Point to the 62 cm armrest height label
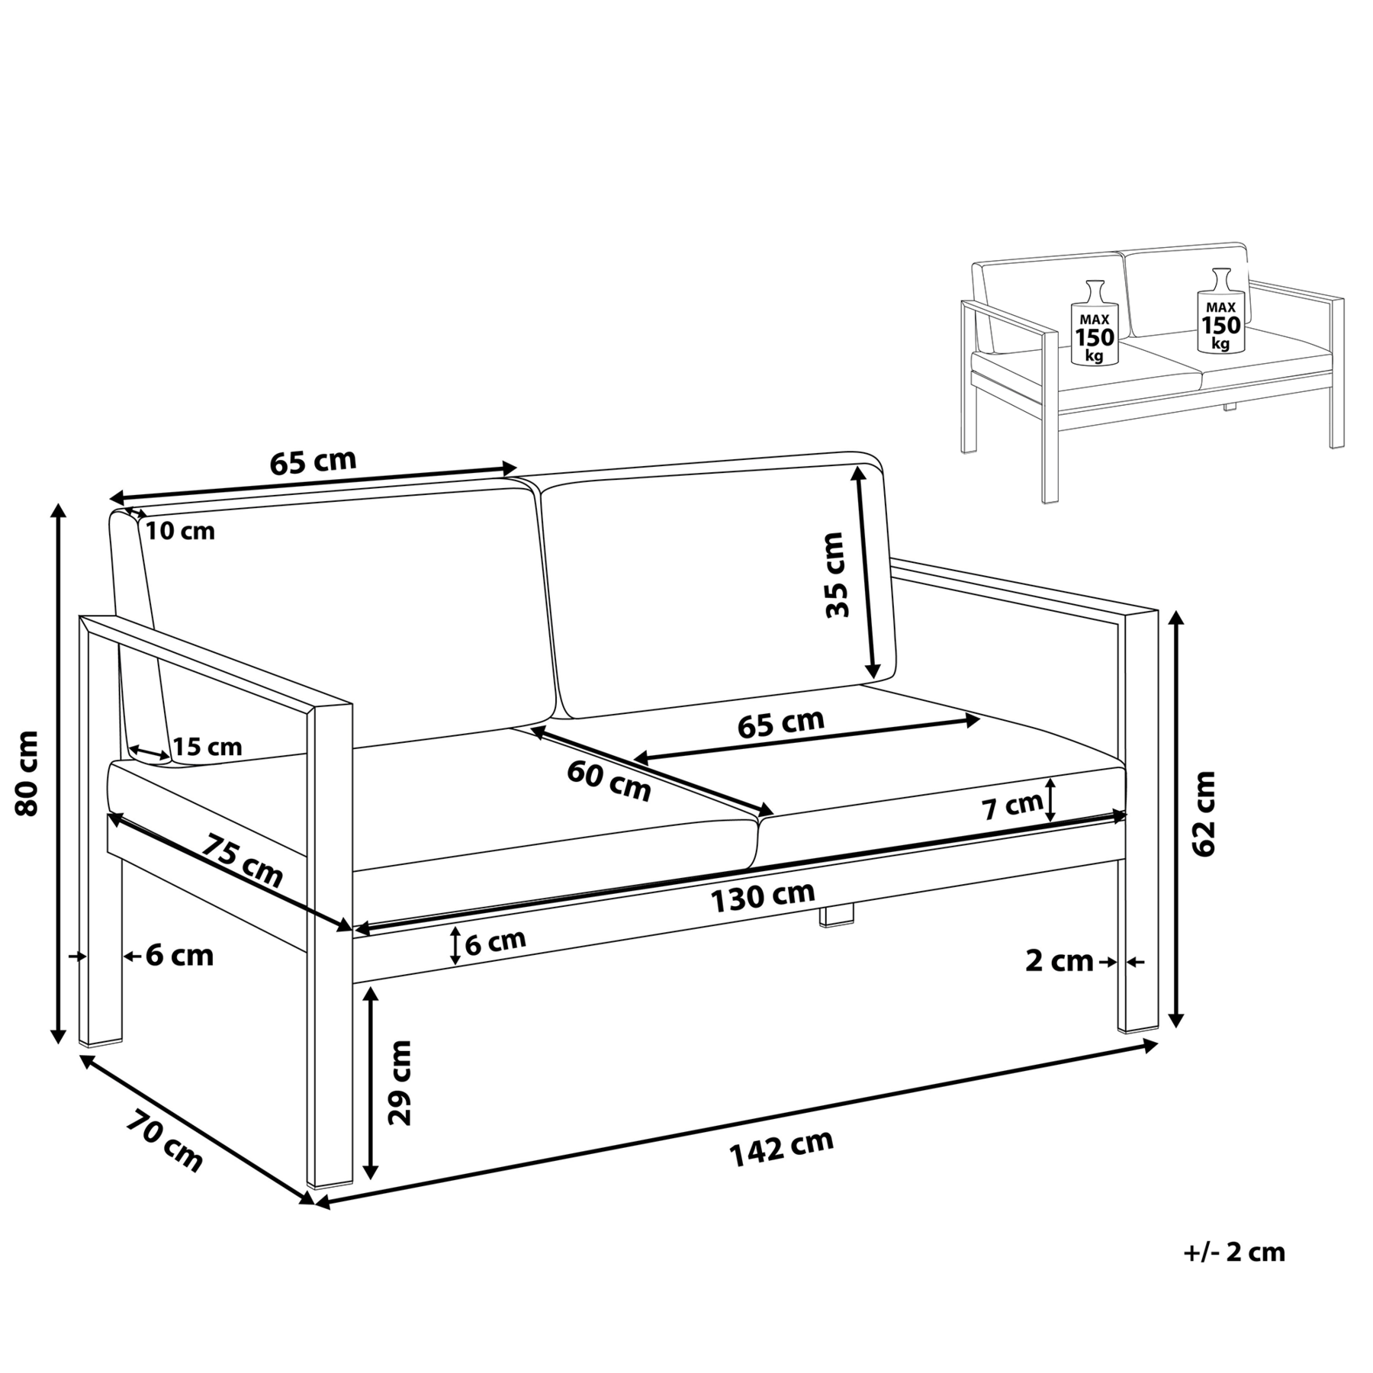(x=1203, y=812)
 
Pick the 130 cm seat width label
(x=763, y=897)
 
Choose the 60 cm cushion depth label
(x=609, y=781)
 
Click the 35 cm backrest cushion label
(x=837, y=574)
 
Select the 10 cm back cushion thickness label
(x=180, y=531)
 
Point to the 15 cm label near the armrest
(x=207, y=747)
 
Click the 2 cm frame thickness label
(x=1059, y=961)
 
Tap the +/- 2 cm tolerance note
(x=1234, y=1252)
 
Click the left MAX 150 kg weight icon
(x=1095, y=321)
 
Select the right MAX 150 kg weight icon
(x=1220, y=310)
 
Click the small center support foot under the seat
(x=837, y=915)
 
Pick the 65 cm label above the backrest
(x=313, y=462)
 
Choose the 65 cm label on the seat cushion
(x=781, y=723)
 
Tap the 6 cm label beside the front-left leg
(x=179, y=955)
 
